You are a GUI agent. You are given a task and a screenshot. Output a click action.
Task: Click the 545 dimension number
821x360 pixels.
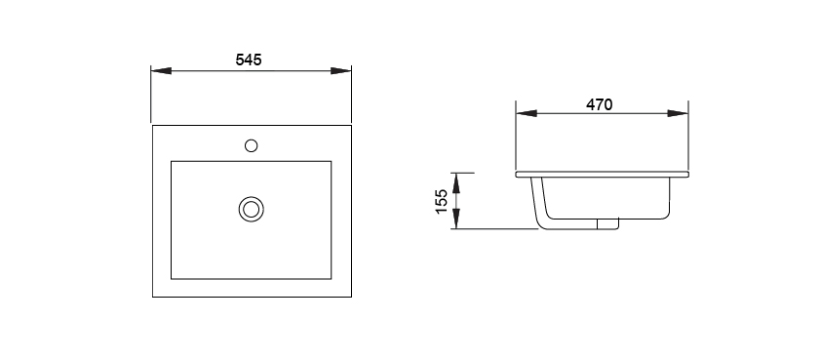pos(249,60)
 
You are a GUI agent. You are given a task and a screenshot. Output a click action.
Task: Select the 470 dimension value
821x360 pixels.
pos(599,104)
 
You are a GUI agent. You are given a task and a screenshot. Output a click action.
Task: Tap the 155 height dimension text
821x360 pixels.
pos(442,201)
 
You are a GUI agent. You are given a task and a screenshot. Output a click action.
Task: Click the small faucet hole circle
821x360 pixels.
pos(252,145)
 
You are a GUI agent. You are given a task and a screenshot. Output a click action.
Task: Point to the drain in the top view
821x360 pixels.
pos(252,209)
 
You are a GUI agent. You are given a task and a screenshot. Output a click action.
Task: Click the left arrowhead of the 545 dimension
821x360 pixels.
pos(161,71)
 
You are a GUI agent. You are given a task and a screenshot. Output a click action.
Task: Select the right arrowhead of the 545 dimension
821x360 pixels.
pos(341,71)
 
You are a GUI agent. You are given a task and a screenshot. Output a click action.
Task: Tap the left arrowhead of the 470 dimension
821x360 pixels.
pos(527,113)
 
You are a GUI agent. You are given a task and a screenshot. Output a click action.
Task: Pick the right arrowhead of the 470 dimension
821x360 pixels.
pos(678,113)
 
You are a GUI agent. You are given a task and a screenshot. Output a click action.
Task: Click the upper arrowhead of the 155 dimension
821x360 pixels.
pos(456,182)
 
